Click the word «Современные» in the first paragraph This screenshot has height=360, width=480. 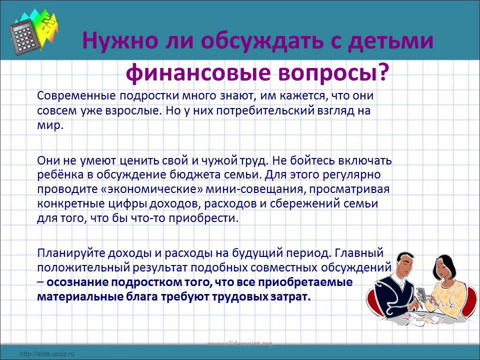[x=76, y=96]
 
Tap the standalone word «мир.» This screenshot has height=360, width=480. [x=50, y=125]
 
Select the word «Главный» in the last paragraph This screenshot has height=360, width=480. [x=359, y=253]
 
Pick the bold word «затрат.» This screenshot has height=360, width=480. [x=291, y=296]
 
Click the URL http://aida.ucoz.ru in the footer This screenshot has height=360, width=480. [x=47, y=354]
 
